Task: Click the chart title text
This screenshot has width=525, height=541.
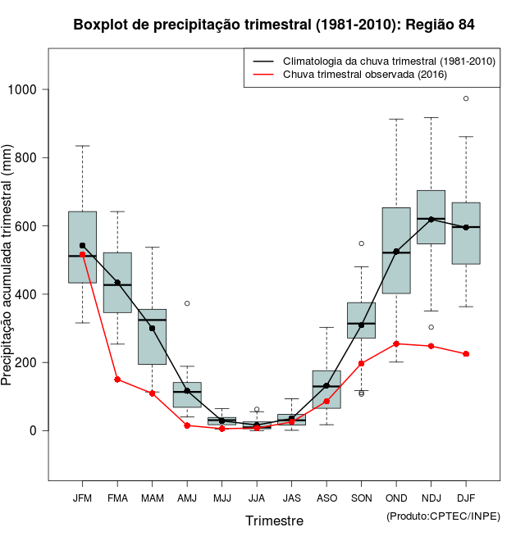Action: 274,25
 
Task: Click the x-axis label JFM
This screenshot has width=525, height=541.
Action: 82,498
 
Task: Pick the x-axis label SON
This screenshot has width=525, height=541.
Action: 362,498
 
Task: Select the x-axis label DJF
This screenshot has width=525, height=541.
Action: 466,498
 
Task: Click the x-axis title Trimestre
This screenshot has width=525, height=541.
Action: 274,521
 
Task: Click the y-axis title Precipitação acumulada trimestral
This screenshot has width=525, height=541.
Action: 8,266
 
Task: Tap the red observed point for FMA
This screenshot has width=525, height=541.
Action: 117,380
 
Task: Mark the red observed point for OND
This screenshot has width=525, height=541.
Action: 396,343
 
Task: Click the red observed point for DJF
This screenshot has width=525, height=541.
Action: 466,354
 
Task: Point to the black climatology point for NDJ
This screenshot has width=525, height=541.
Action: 431,219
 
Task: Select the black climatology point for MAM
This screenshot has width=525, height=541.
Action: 152,328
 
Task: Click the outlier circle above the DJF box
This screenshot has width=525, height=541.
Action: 466,98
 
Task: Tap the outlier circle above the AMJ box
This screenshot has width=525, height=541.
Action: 187,303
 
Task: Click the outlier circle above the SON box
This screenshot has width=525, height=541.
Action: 362,243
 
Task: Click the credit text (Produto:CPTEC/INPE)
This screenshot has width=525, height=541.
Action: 443,516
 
